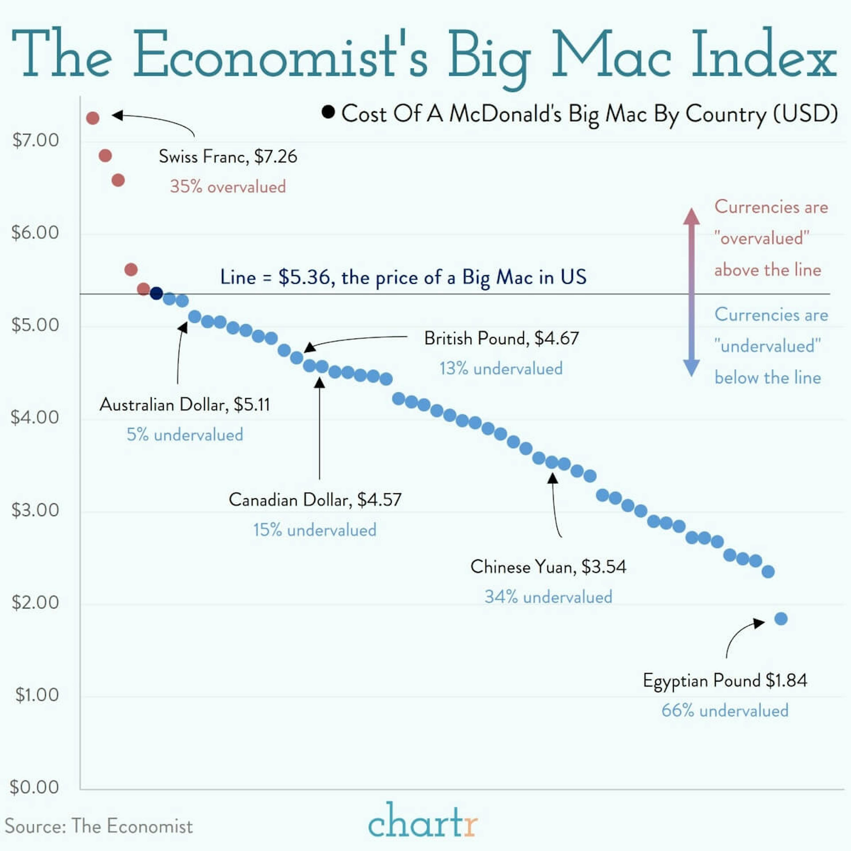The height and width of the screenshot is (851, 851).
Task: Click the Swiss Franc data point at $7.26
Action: pyautogui.click(x=92, y=118)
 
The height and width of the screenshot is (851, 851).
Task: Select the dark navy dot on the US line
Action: pyautogui.click(x=156, y=293)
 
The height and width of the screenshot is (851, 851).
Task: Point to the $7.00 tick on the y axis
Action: pyautogui.click(x=35, y=140)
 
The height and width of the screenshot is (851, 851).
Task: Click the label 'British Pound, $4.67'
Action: pyautogui.click(x=501, y=338)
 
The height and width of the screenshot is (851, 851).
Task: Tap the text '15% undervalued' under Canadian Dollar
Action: pyautogui.click(x=314, y=530)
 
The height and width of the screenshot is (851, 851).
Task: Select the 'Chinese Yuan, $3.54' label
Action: pyautogui.click(x=548, y=566)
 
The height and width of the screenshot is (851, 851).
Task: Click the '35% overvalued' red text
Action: pyautogui.click(x=228, y=187)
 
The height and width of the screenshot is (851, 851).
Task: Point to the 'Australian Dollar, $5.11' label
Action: pyautogui.click(x=185, y=404)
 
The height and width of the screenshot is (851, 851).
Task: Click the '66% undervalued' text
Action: pyautogui.click(x=725, y=710)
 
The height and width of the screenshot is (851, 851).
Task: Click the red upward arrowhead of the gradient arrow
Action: pyautogui.click(x=691, y=216)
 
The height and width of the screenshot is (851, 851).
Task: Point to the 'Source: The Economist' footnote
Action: pyautogui.click(x=99, y=826)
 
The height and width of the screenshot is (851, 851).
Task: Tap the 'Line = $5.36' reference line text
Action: pyautogui.click(x=403, y=277)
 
